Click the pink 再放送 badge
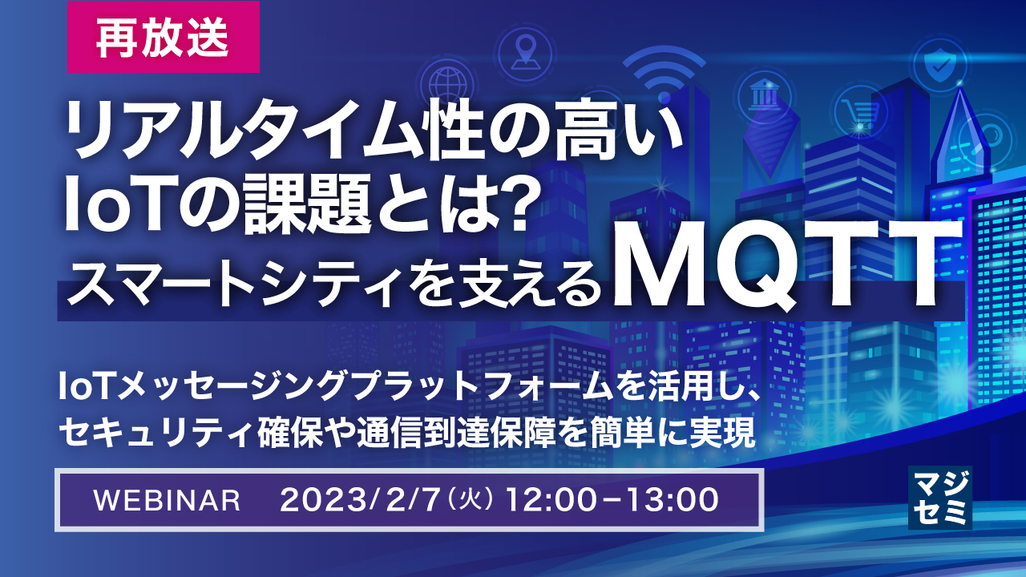click(x=163, y=38)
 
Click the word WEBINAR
click(x=167, y=500)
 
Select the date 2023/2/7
click(x=359, y=500)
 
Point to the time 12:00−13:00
click(x=609, y=500)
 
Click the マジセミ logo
click(x=939, y=498)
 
